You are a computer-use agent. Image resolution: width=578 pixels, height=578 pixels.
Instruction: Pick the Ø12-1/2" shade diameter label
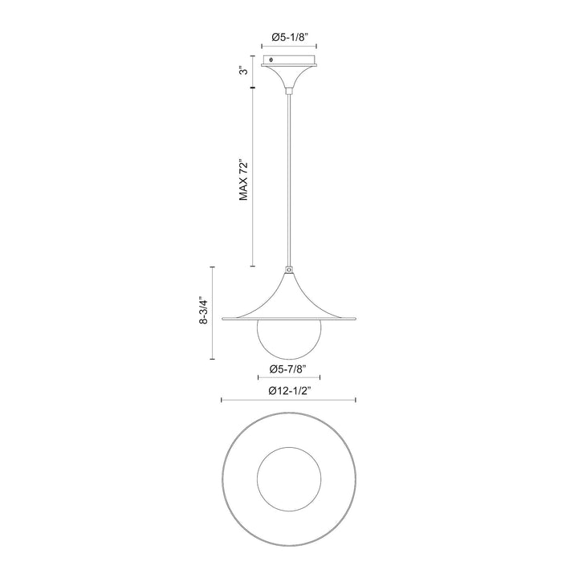click(288, 392)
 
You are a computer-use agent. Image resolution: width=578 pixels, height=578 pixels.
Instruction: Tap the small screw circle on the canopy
click(272, 59)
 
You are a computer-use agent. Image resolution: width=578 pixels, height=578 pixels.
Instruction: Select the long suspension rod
click(288, 177)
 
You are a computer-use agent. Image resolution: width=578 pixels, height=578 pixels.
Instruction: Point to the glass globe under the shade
click(288, 337)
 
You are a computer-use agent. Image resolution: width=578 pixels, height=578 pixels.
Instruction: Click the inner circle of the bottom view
click(288, 473)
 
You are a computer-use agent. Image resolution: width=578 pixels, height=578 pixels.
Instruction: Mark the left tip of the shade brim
click(222, 317)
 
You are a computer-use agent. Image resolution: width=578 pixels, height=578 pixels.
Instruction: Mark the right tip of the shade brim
click(355, 317)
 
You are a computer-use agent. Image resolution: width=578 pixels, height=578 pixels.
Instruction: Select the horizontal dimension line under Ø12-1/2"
click(288, 401)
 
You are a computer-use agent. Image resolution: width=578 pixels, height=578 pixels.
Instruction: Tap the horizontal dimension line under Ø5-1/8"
click(288, 47)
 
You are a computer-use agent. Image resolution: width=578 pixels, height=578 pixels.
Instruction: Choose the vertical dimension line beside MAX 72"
click(253, 177)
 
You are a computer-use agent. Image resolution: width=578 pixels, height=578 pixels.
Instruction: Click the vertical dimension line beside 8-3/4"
click(213, 314)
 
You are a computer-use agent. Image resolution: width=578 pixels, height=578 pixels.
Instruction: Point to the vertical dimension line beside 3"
click(253, 70)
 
